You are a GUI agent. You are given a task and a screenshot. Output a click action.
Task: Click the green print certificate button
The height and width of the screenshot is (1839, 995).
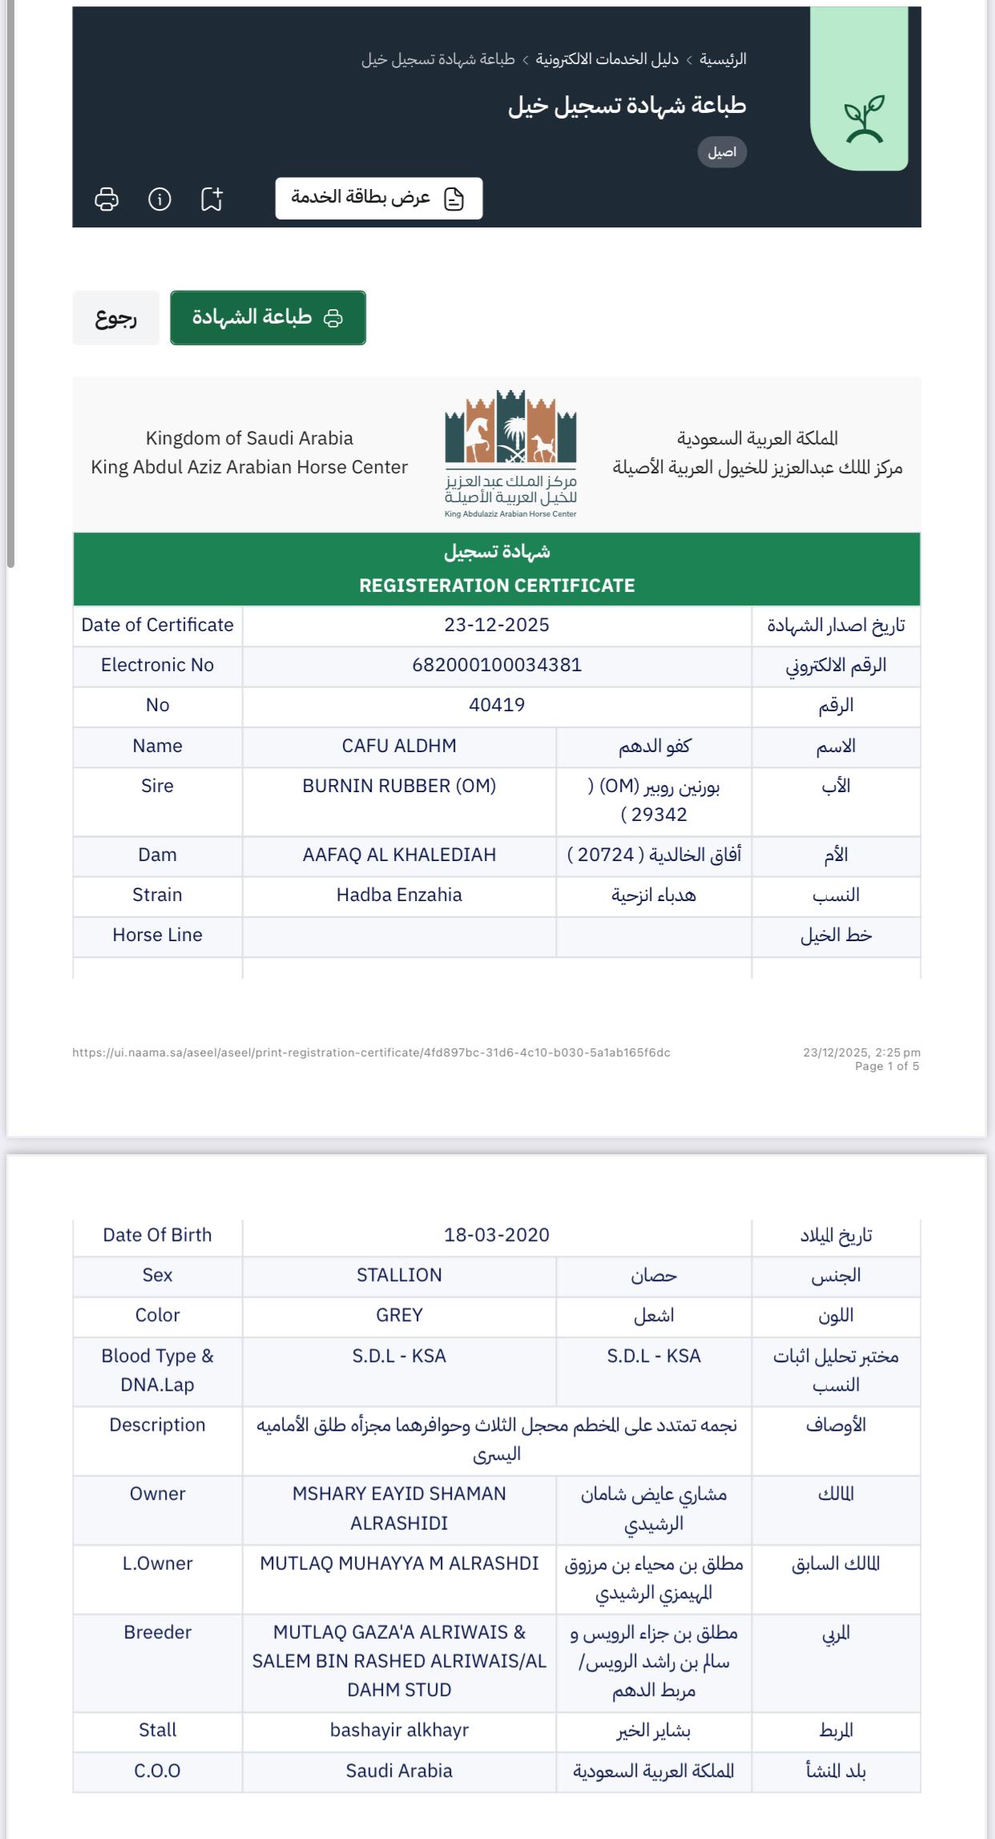click(268, 318)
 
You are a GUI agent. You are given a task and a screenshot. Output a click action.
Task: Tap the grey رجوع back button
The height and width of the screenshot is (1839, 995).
click(116, 318)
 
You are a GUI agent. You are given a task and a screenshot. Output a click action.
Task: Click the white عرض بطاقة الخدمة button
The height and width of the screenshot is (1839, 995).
click(379, 198)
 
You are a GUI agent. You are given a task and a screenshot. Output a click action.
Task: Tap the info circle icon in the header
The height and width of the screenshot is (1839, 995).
click(159, 199)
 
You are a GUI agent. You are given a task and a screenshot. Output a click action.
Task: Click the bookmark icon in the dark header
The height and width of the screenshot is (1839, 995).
click(211, 199)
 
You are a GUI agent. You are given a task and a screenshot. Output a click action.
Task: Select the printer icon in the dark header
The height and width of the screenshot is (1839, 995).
click(107, 199)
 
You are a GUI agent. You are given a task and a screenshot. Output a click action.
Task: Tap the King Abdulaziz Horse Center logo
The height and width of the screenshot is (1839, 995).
click(510, 453)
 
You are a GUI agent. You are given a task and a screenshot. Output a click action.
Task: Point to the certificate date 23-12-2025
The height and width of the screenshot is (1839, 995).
click(497, 626)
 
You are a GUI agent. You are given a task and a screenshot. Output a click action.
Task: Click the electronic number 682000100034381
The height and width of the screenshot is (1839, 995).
click(497, 666)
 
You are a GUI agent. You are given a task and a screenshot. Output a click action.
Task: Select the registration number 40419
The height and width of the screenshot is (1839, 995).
click(497, 706)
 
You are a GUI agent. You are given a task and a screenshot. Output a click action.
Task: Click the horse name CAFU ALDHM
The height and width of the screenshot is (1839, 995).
click(399, 746)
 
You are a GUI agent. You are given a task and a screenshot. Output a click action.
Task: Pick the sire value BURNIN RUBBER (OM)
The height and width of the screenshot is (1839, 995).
click(399, 787)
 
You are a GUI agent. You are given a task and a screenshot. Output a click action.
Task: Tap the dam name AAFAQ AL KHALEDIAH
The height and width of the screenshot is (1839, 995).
click(399, 855)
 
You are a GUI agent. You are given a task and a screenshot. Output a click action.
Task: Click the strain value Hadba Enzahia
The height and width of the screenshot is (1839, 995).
click(399, 895)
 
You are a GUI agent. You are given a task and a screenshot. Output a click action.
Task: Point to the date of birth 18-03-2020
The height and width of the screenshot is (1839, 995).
click(497, 1235)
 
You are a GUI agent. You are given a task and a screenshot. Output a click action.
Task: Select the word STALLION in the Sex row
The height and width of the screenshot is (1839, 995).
click(399, 1275)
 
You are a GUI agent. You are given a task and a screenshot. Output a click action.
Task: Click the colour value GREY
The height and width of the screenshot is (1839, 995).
click(399, 1315)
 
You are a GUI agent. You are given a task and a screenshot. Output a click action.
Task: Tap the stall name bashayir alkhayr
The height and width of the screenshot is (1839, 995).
click(399, 1730)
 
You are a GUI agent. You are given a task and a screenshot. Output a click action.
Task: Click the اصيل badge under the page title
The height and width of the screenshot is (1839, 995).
click(722, 152)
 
